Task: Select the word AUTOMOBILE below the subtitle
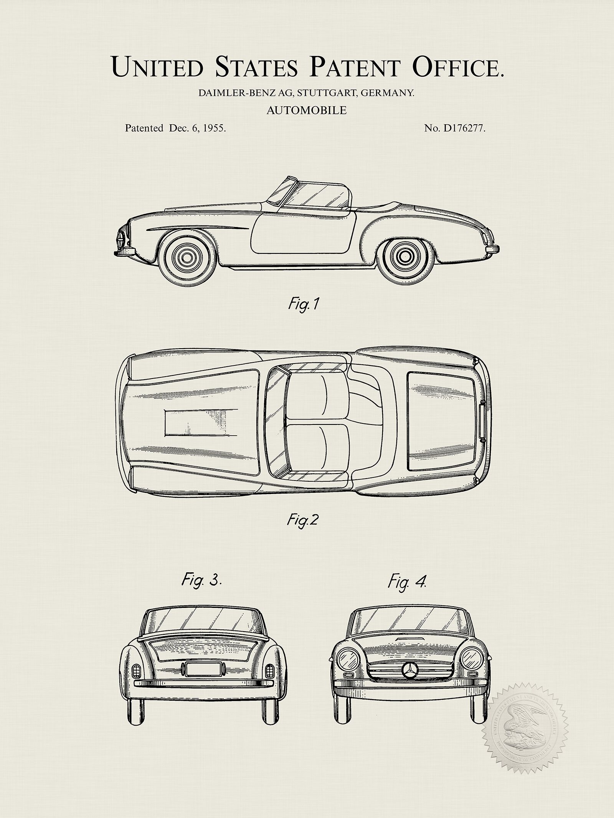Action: tap(307, 111)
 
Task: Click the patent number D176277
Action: tap(464, 128)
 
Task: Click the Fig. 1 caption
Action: tap(303, 305)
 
